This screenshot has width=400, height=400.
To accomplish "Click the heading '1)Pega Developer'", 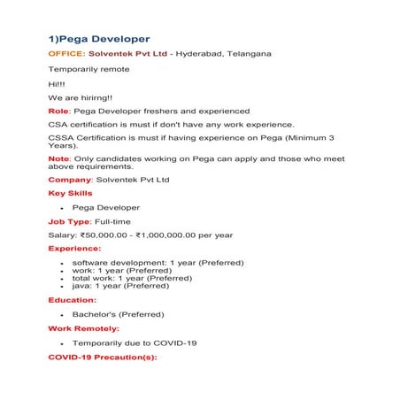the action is [98, 39].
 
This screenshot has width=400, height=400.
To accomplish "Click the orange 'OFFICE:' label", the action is [66, 54].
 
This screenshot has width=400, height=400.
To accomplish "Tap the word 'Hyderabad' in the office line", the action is [202, 54].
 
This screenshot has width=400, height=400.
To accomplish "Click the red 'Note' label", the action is [58, 158].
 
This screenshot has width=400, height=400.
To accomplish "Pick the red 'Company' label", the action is [70, 180].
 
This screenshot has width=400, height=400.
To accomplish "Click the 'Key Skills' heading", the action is [70, 193].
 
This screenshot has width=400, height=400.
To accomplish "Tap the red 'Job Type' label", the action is [68, 220].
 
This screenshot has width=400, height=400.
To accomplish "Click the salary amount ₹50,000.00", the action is [107, 235].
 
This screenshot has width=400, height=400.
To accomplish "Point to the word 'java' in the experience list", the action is [81, 286].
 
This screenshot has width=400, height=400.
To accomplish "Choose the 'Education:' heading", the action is [73, 300].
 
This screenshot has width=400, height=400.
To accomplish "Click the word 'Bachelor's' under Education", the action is [92, 314].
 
